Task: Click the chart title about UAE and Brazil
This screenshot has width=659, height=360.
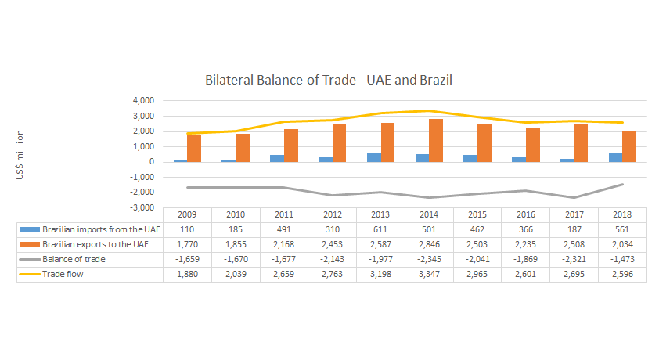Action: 329,80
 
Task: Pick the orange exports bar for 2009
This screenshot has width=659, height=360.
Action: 194,149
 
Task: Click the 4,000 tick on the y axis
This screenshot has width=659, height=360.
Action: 142,101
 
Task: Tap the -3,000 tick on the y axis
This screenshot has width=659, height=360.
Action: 141,208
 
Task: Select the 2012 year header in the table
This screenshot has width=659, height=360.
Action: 333,214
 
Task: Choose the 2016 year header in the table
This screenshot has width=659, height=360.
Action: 526,214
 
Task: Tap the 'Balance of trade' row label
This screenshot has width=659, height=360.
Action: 74,259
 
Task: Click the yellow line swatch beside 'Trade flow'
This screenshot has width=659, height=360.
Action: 29,274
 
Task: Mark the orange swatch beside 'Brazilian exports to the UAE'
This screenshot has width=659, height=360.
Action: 29,244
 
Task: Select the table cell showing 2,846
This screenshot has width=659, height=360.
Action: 430,244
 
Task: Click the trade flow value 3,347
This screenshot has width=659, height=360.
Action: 430,274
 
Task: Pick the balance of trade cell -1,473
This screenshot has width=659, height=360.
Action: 622,259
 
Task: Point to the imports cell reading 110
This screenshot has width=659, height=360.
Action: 188,229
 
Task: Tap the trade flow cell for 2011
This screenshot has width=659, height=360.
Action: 284,274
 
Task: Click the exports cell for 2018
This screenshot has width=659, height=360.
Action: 622,244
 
